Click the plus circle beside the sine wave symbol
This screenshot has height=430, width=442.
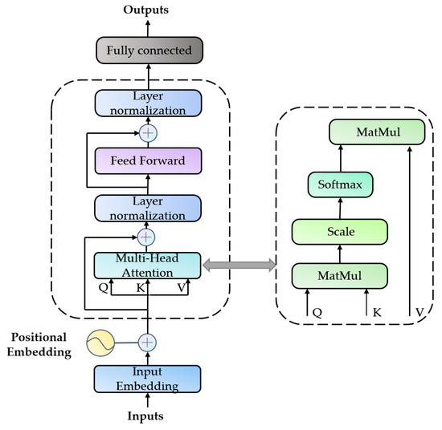click(x=146, y=342)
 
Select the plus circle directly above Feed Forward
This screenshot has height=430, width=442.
click(x=146, y=132)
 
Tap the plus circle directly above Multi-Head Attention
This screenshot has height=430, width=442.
click(x=146, y=237)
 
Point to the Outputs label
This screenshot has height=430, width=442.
click(x=145, y=10)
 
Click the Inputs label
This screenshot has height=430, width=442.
click(x=145, y=416)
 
